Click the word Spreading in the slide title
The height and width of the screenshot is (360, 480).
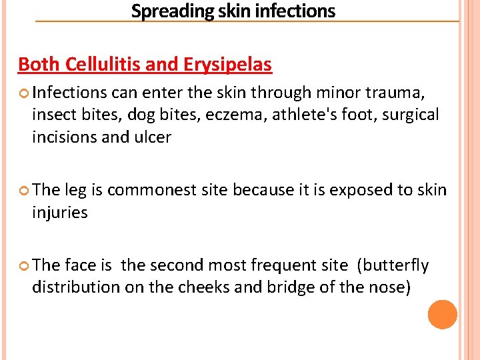pyautogui.click(x=161, y=11)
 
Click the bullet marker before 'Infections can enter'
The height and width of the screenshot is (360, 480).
pyautogui.click(x=23, y=92)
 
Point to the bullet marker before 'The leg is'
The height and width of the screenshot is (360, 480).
pyautogui.click(x=23, y=191)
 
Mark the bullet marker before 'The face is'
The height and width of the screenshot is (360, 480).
pyautogui.click(x=23, y=266)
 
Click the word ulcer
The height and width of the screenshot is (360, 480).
pyautogui.click(x=153, y=137)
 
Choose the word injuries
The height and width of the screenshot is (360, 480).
pyautogui.click(x=60, y=213)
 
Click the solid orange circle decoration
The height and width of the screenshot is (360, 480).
pyautogui.click(x=442, y=315)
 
